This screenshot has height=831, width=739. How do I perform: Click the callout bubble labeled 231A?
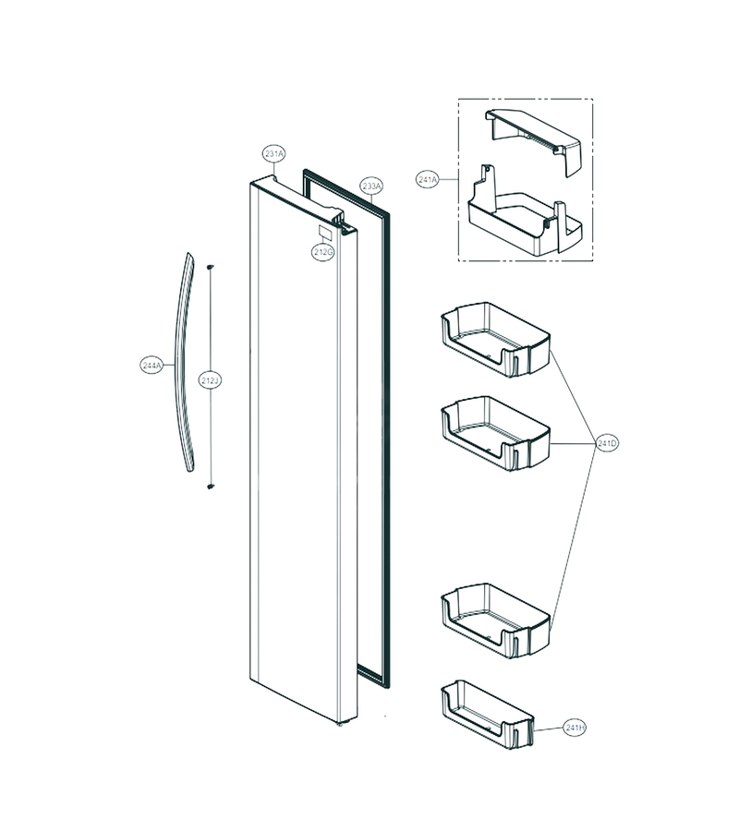pyautogui.click(x=274, y=153)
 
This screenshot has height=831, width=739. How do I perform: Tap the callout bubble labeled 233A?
pyautogui.click(x=371, y=186)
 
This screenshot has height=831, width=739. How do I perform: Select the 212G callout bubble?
pyautogui.click(x=322, y=252)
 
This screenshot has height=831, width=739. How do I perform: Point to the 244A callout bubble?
pyautogui.click(x=151, y=365)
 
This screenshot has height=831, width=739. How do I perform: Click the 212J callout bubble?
pyautogui.click(x=211, y=380)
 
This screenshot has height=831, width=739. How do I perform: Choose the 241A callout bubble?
pyautogui.click(x=428, y=180)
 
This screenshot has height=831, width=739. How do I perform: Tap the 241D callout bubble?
pyautogui.click(x=607, y=443)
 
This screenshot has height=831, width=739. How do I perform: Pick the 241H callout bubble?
pyautogui.click(x=575, y=728)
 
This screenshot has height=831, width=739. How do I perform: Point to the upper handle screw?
pyautogui.click(x=211, y=266)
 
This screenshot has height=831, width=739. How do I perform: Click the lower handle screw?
pyautogui.click(x=211, y=486)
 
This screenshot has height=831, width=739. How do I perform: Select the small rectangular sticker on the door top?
pyautogui.click(x=324, y=232)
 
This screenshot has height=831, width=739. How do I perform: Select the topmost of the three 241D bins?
pyautogui.click(x=495, y=339)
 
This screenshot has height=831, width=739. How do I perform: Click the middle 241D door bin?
pyautogui.click(x=495, y=433)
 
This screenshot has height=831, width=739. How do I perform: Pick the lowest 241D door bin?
pyautogui.click(x=495, y=620)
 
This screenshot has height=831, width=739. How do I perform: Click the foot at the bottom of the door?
pyautogui.click(x=340, y=723)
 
